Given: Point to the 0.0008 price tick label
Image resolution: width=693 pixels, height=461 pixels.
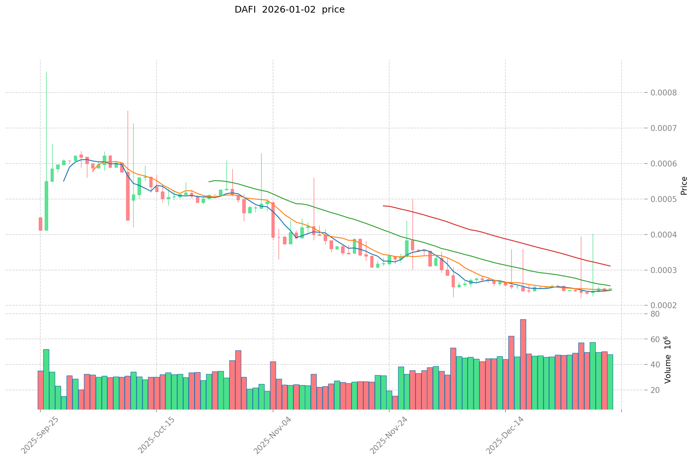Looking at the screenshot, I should (669, 92).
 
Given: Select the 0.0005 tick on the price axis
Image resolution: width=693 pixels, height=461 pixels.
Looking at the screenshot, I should (669, 199).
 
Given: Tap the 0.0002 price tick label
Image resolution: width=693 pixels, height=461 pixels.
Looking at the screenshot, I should (669, 306).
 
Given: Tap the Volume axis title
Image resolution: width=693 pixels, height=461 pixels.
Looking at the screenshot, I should (667, 360).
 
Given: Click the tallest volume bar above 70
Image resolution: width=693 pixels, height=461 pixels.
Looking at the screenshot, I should (523, 364).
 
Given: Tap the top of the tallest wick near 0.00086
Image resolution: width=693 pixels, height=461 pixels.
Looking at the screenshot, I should (46, 72).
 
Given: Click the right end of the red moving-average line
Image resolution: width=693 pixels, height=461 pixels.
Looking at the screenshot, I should (610, 266).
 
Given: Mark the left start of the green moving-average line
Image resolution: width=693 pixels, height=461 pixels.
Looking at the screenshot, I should (209, 182).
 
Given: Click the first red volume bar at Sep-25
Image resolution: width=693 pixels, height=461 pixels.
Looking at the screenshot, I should (40, 390).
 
